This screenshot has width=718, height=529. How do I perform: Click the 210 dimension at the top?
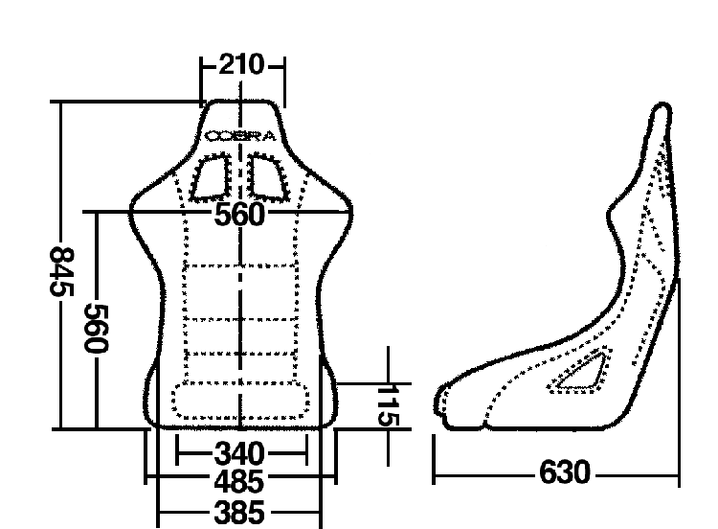[x=242, y=64]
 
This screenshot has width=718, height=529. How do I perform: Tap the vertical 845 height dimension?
[x=62, y=272]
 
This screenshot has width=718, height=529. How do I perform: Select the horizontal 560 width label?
[x=239, y=214]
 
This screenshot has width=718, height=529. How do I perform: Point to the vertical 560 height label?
[x=97, y=328]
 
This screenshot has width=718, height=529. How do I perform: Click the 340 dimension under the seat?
[x=239, y=454]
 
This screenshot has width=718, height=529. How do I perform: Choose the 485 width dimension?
[x=239, y=482]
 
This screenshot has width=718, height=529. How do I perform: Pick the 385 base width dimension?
[x=239, y=512]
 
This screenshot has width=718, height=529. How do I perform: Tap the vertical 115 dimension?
[x=390, y=405]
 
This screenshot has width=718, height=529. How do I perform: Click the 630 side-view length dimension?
[x=565, y=472]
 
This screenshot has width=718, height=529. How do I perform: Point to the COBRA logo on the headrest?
[x=240, y=136]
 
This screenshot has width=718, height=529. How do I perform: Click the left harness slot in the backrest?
[x=211, y=178]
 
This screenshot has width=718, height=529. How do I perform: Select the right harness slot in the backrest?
[x=269, y=178]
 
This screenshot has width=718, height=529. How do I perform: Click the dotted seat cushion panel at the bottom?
[x=240, y=402]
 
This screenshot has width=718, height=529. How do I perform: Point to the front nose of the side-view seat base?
[x=438, y=402]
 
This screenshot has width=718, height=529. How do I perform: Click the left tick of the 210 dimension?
[x=201, y=81]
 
